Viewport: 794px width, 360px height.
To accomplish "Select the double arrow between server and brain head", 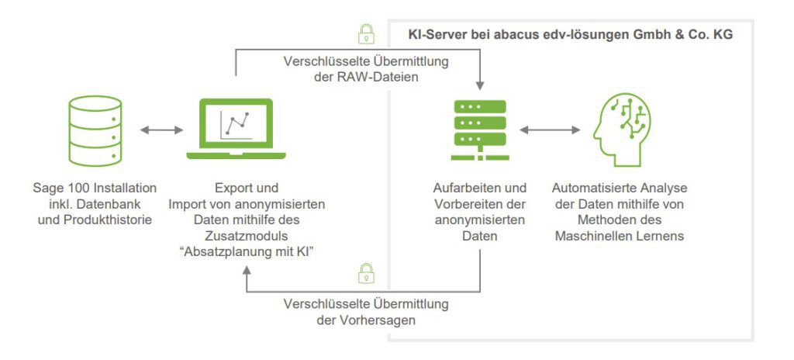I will [551, 130].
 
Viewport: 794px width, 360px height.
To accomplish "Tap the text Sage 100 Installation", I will [94, 189].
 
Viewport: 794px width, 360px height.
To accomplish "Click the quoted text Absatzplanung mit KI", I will [247, 251].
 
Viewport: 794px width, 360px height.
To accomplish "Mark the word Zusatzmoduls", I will [247, 235].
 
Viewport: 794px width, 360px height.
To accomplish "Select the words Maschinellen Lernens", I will [620, 235].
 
